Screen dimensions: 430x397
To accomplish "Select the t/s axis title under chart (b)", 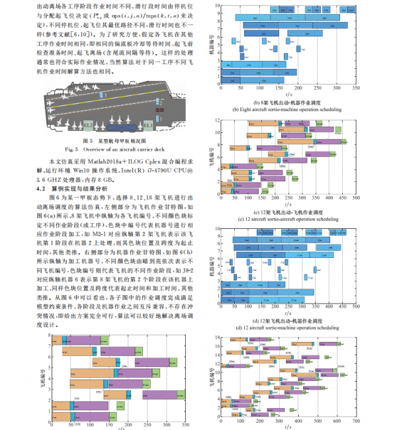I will [x=288, y=97].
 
